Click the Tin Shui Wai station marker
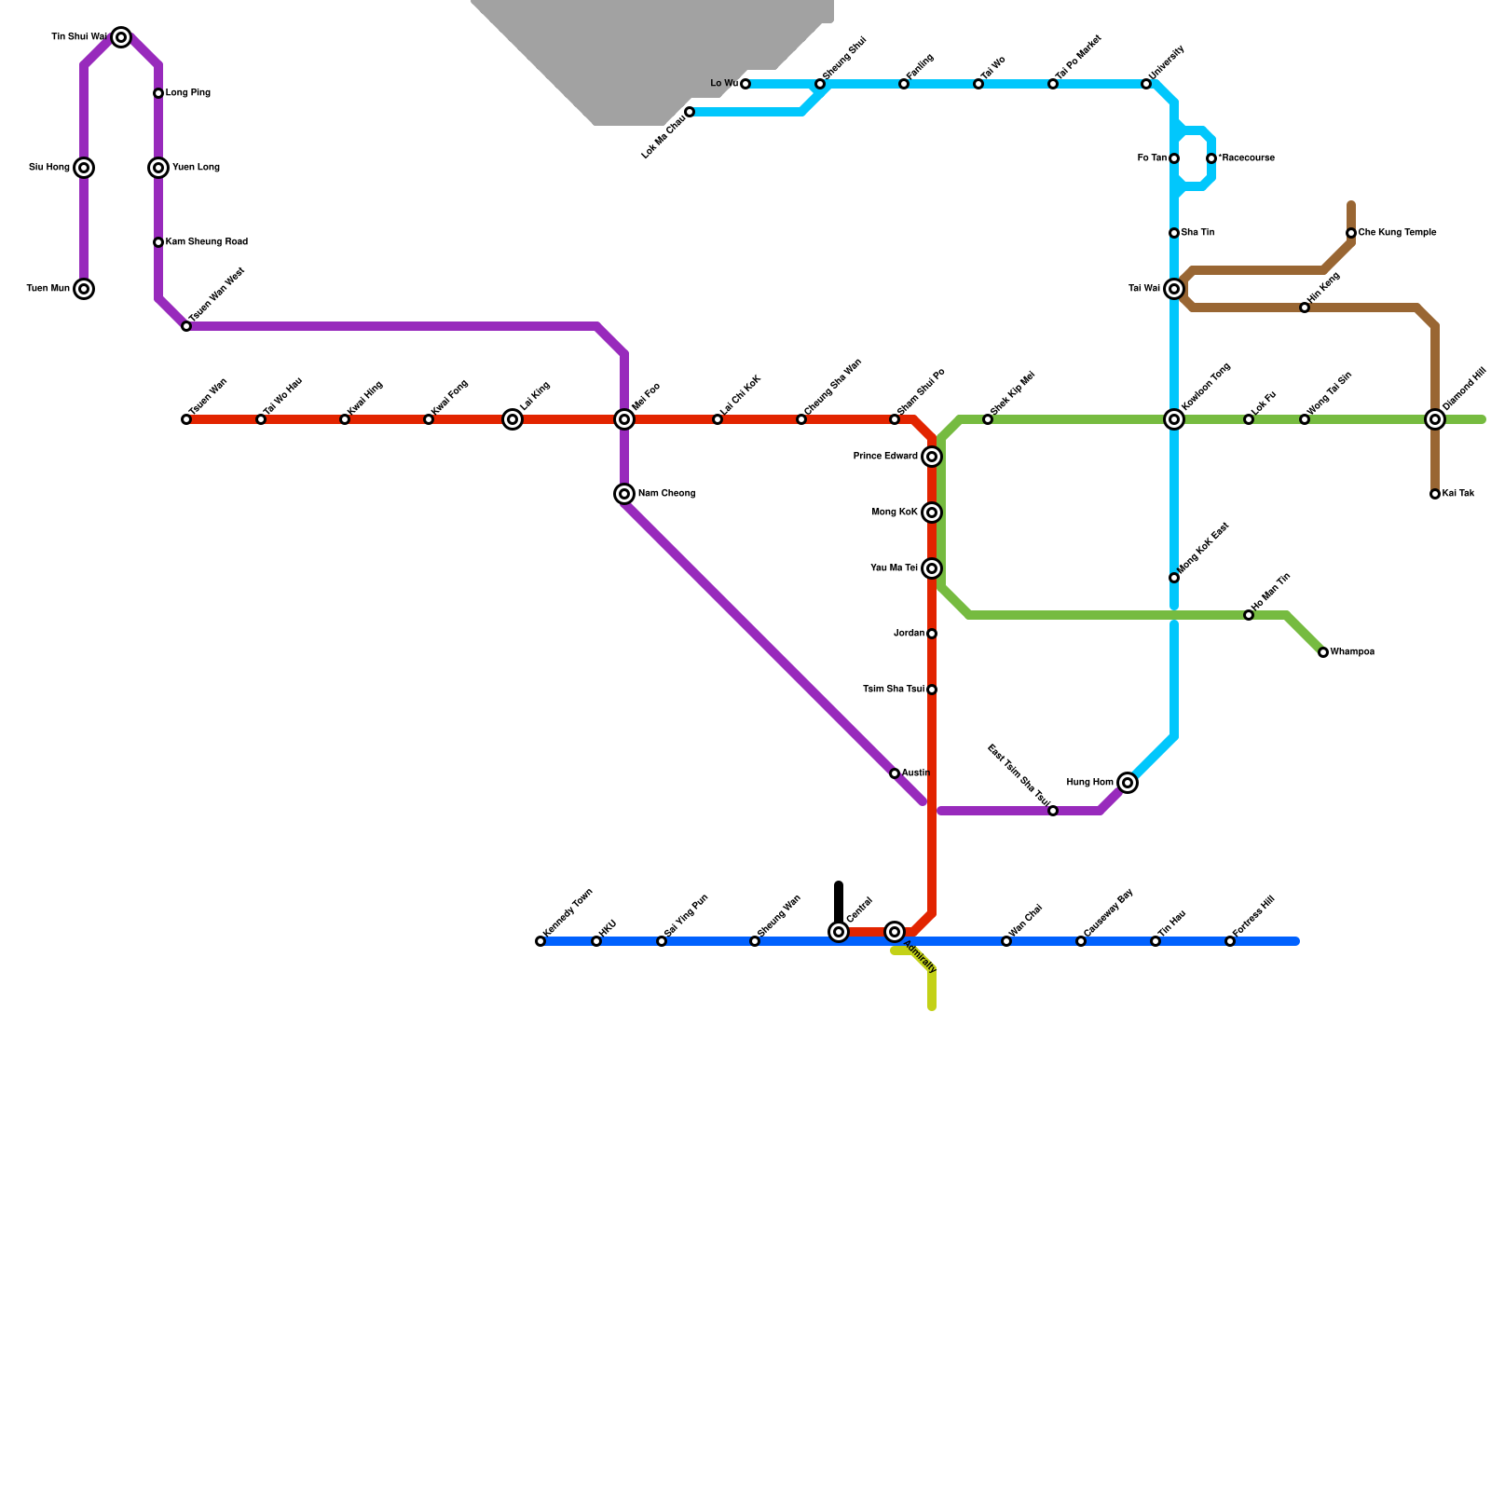[121, 37]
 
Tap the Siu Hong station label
[49, 168]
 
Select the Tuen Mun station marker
[84, 289]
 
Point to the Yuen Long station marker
[158, 168]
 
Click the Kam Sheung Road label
[206, 242]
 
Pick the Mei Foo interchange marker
[624, 419]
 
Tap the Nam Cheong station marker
[624, 494]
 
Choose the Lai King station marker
[513, 419]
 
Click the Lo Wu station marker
[745, 84]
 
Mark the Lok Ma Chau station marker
[690, 112]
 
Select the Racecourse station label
[1246, 158]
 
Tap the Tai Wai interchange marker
[1174, 289]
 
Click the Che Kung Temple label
[1397, 233]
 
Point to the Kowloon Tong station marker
[1174, 419]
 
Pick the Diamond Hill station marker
[1435, 419]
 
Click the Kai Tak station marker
[1435, 494]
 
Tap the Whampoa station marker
[1323, 652]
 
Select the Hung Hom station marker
[1128, 783]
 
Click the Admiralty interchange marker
[895, 932]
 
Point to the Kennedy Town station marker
[540, 941]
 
